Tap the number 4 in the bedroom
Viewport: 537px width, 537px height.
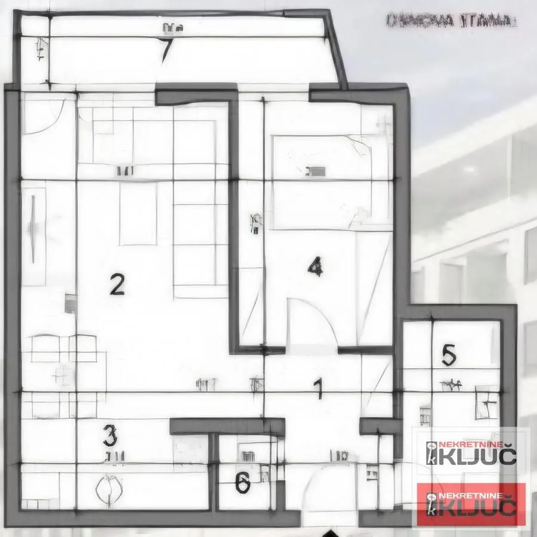[315, 266]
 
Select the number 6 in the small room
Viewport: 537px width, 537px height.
[242, 483]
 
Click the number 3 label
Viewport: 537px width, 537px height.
[110, 436]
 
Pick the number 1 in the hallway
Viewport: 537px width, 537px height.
[319, 388]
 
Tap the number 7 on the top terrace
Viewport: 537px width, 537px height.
[167, 50]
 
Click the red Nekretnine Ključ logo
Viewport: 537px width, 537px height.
[471, 505]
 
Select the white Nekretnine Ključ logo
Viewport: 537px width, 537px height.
[471, 453]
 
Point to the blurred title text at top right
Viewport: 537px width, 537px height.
[451, 21]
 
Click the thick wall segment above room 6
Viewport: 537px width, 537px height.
[227, 426]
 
